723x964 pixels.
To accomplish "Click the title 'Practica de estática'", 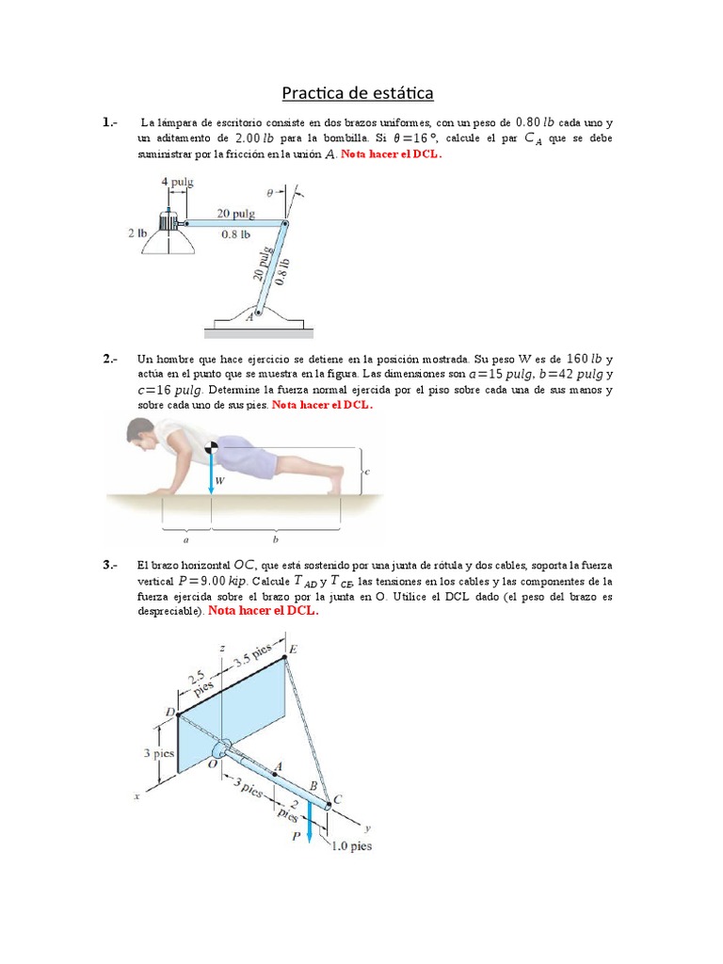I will (x=358, y=93).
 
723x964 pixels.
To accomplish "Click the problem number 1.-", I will (x=110, y=122).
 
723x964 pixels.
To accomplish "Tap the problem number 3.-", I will (x=110, y=565).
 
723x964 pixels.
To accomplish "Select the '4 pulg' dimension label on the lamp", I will (x=176, y=182).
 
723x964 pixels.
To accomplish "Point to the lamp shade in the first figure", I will (x=169, y=243).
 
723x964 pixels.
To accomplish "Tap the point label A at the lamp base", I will (x=249, y=317).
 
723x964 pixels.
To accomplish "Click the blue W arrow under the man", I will (x=211, y=471).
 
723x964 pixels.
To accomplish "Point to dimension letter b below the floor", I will (x=276, y=540).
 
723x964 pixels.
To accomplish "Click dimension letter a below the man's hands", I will (x=185, y=540).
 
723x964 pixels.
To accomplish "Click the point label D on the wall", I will (x=170, y=713).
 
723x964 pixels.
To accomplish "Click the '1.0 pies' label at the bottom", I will (x=350, y=845).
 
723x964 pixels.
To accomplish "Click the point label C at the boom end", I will (x=337, y=799).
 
